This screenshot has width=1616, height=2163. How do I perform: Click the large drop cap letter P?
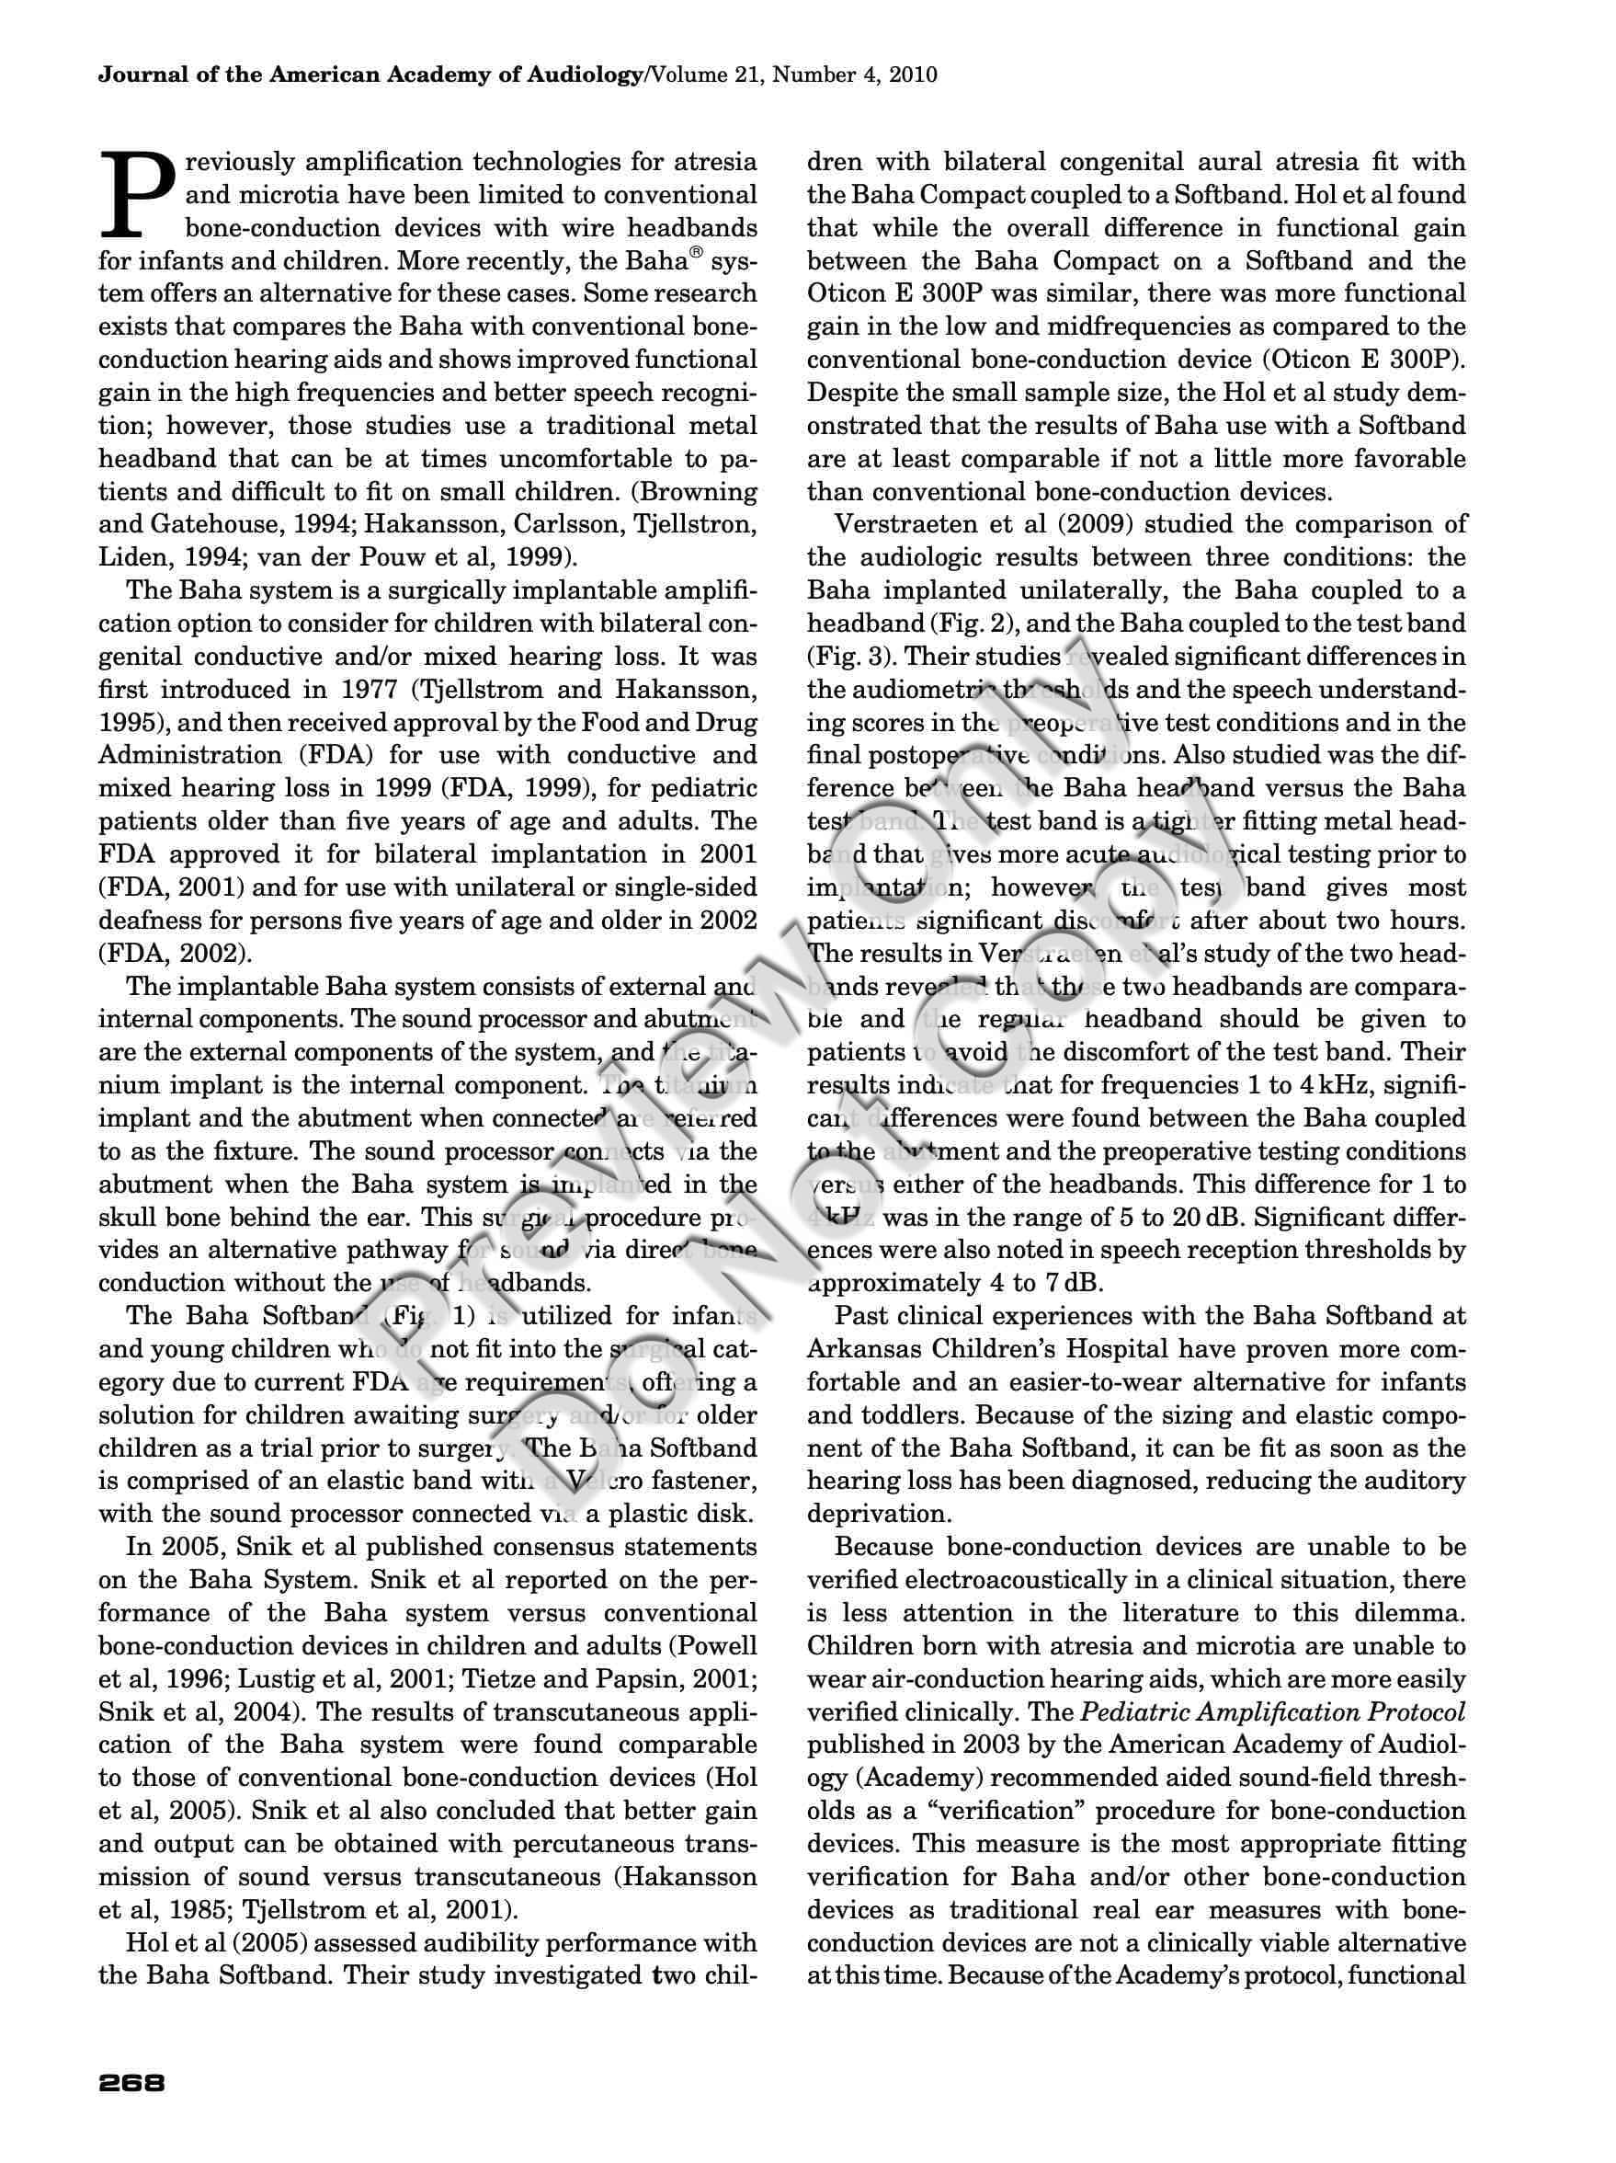coord(136,197)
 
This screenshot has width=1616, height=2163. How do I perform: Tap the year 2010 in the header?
coord(911,75)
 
